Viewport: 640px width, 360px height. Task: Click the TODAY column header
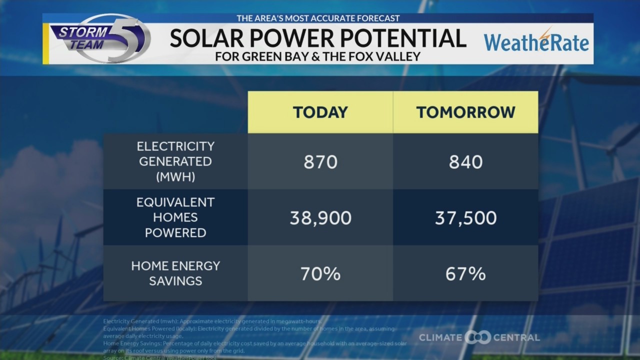coord(320,112)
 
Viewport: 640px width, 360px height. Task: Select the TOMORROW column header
coord(465,112)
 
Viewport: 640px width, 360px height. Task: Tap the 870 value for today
coord(320,162)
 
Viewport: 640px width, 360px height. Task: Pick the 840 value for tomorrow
coord(465,162)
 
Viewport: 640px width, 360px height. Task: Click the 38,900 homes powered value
coord(320,218)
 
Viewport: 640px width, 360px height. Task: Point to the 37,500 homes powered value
coord(465,218)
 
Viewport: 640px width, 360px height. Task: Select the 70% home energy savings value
coord(320,274)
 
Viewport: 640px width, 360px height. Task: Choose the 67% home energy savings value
coord(465,274)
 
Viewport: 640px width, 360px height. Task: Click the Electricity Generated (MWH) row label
coord(175,161)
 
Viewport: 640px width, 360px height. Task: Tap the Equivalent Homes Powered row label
coord(175,217)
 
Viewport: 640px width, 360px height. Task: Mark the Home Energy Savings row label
coord(175,273)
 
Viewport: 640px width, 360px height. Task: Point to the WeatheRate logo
coord(536,42)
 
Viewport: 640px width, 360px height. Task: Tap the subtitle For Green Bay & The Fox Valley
coord(318,56)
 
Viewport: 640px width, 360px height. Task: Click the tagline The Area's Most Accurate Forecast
coord(318,18)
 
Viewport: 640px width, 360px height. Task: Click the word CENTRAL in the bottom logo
coord(516,337)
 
